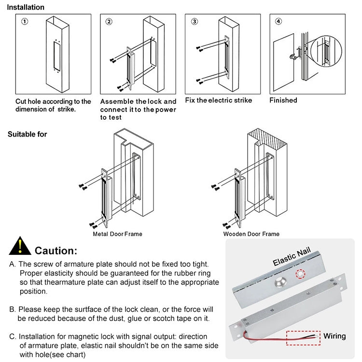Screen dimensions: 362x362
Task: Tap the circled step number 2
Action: coord(109,22)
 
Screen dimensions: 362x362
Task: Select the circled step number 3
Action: coord(194,22)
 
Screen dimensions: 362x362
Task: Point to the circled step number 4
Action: coord(278,22)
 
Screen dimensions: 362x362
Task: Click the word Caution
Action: coord(56,251)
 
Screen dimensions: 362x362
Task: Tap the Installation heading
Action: coord(26,7)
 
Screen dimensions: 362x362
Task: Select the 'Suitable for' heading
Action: coord(28,134)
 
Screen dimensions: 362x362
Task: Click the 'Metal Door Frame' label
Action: coord(117,234)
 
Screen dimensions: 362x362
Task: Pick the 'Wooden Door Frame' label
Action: coord(251,234)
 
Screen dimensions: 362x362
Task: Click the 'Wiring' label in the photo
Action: coord(334,336)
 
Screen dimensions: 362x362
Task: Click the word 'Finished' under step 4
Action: coord(283,100)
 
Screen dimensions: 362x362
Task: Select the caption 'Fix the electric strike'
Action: coord(219,100)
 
